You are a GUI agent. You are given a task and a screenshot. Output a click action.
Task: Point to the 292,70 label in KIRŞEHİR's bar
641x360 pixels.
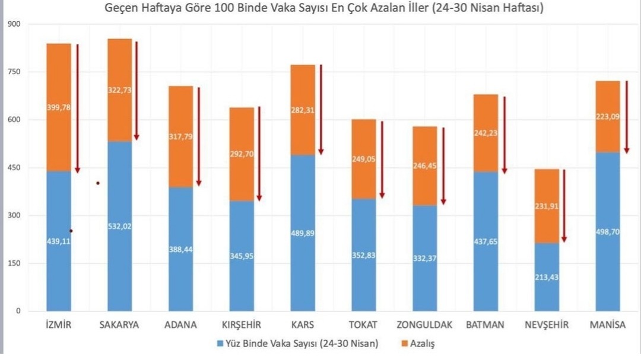pyautogui.click(x=241, y=154)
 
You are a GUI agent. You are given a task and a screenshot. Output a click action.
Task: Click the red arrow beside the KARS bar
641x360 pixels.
pyautogui.click(x=320, y=109)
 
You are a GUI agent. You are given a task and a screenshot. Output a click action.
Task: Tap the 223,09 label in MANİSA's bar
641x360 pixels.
pyautogui.click(x=607, y=117)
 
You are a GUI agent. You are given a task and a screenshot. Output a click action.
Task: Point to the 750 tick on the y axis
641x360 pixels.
pyautogui.click(x=13, y=72)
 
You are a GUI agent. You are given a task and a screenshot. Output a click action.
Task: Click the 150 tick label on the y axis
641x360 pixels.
pyautogui.click(x=13, y=263)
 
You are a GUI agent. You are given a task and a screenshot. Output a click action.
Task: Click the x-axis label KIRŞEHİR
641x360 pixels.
pyautogui.click(x=241, y=325)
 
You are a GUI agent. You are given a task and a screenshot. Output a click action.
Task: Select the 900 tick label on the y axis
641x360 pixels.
pyautogui.click(x=13, y=24)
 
